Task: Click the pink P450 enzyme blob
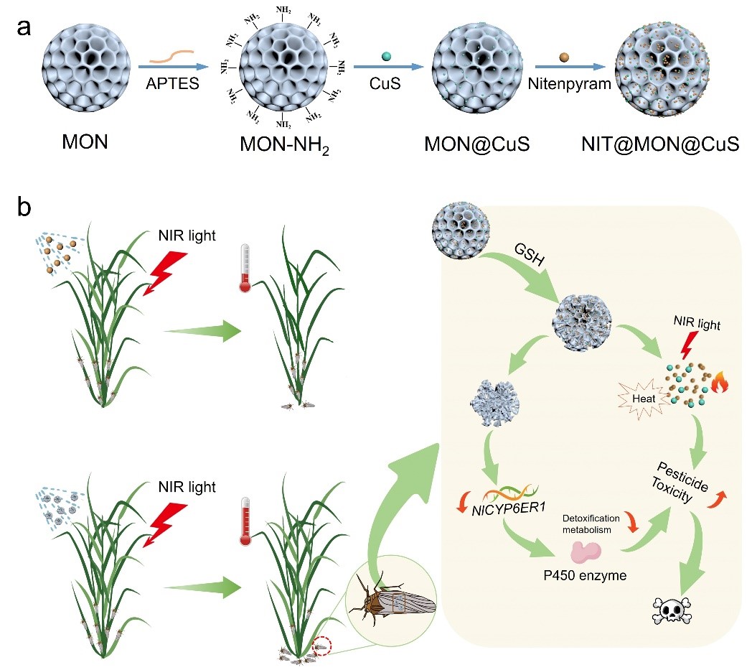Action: point(586,552)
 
